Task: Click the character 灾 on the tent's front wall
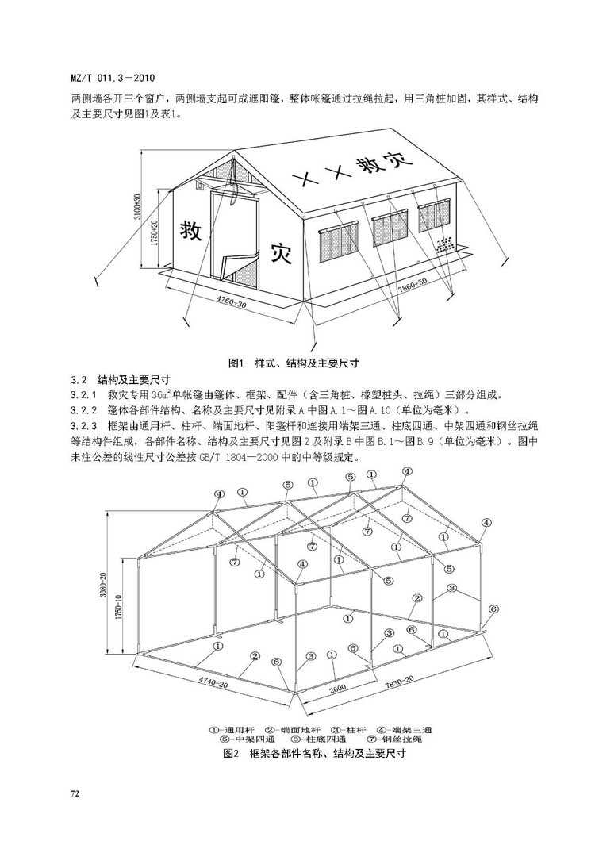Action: pos(282,252)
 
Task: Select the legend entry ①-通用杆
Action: pos(233,728)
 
